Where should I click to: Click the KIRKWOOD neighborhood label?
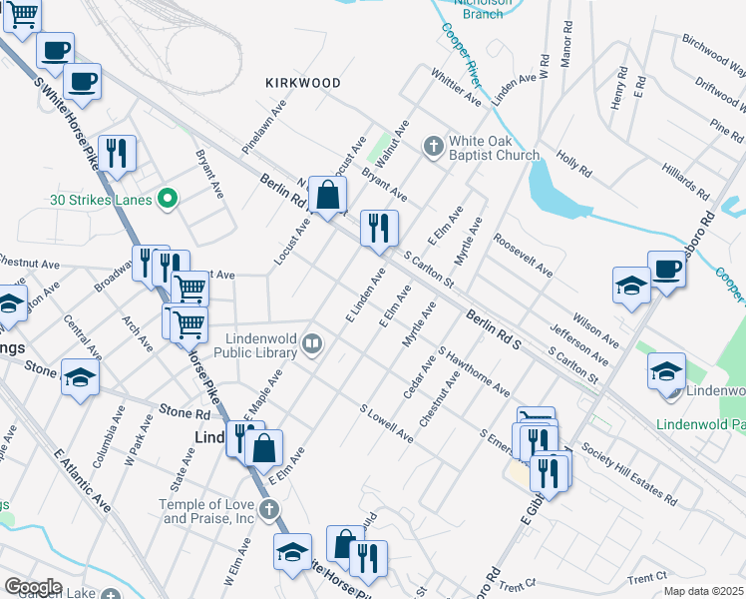[x=303, y=83]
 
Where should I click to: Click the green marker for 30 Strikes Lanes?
[x=169, y=199]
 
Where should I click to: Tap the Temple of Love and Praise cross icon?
[x=268, y=511]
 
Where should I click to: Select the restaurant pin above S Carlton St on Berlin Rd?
[x=378, y=230]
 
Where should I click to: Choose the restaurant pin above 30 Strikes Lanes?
[x=117, y=153]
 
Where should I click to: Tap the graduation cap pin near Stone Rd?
[x=80, y=377]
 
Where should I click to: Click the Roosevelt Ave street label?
[x=523, y=256]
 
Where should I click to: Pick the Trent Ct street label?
[x=647, y=578]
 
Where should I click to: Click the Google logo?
[x=33, y=587]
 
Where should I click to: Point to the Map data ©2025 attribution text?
[x=702, y=591]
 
